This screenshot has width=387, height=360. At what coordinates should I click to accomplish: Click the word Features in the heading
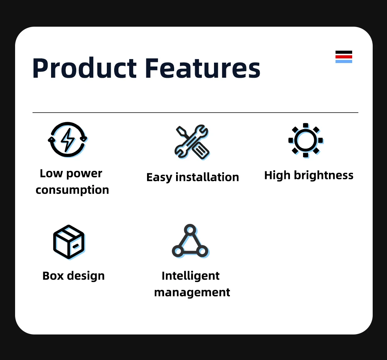click(x=202, y=68)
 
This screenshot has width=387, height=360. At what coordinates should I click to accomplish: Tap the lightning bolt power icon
click(x=68, y=140)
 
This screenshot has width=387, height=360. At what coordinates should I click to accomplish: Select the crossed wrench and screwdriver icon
click(x=192, y=142)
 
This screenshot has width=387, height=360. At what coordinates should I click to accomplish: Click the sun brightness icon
click(x=305, y=140)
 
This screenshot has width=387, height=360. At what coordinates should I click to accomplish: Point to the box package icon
click(x=68, y=242)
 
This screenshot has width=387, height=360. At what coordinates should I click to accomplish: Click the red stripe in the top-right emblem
click(x=344, y=56)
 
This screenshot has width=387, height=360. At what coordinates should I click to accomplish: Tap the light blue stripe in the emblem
click(x=344, y=61)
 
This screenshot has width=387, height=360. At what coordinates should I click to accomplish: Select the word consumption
click(x=72, y=190)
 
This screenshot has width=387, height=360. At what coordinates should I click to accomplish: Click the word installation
click(x=207, y=177)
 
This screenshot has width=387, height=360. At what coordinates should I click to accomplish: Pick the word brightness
click(x=324, y=176)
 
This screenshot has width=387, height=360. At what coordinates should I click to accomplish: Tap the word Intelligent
click(x=190, y=276)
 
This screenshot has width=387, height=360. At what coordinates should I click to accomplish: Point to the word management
click(x=192, y=292)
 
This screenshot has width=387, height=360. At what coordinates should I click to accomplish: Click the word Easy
click(x=159, y=177)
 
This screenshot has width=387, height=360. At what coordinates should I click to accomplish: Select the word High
click(x=277, y=176)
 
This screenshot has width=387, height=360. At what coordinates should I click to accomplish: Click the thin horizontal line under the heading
click(x=195, y=113)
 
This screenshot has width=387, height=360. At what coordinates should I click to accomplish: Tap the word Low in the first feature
click(x=51, y=174)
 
